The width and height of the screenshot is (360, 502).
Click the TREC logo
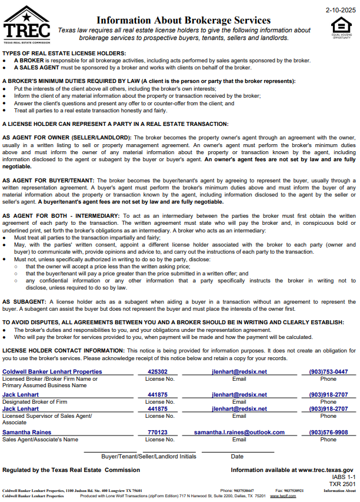(26, 25)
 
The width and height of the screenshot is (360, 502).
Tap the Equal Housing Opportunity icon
(341, 26)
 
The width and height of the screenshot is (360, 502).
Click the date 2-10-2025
(341, 10)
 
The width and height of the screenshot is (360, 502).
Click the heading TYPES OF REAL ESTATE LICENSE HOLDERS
(64, 54)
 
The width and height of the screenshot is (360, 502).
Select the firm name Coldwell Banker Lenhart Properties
(52, 372)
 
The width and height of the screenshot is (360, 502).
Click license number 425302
(158, 372)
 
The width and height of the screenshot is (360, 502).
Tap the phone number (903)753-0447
(328, 372)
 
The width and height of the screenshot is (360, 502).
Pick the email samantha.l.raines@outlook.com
(239, 433)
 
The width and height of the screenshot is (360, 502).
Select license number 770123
(158, 433)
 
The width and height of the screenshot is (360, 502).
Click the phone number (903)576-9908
(328, 433)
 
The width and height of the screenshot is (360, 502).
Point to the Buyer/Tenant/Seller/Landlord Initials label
(148, 456)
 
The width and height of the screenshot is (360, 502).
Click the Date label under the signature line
(237, 456)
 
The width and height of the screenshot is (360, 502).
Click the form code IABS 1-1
(344, 477)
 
